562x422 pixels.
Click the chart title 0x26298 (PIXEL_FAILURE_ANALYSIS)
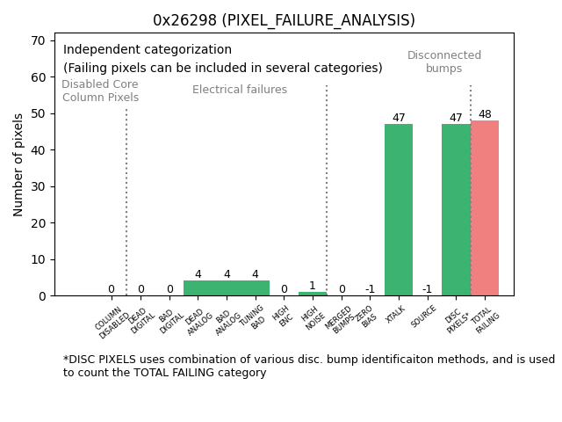[284, 20]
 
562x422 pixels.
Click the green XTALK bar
[399, 210]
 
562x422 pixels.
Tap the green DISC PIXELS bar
[456, 210]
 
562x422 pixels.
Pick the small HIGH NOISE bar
[313, 294]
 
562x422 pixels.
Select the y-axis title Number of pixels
[18, 164]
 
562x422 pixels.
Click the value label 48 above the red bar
[485, 115]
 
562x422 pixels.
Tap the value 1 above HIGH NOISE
[313, 286]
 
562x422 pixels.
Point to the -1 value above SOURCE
[427, 289]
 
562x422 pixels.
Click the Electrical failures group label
[240, 90]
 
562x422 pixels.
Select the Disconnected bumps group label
[444, 62]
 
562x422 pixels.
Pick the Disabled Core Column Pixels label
[100, 91]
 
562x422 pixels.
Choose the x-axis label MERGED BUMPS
[341, 319]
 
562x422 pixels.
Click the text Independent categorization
[148, 50]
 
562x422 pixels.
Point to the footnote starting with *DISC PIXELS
[308, 366]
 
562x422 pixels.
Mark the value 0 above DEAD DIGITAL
[140, 289]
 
